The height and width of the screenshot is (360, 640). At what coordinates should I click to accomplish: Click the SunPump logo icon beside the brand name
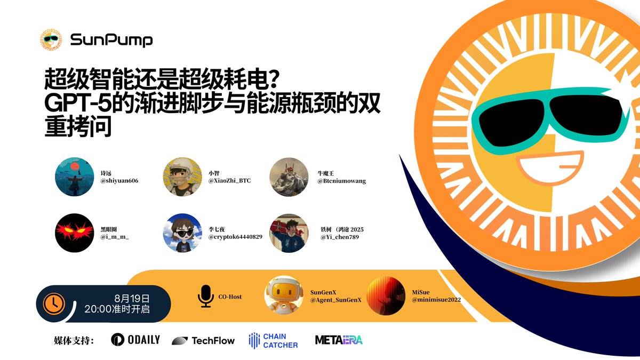(51, 40)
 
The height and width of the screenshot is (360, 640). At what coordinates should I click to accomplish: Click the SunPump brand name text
(111, 40)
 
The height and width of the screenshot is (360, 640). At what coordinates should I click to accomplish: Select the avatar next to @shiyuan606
(74, 177)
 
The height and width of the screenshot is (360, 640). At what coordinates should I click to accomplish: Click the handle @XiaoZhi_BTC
(229, 181)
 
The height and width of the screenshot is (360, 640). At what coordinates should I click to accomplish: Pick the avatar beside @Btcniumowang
(289, 177)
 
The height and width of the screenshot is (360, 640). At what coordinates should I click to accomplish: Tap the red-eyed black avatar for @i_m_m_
(74, 233)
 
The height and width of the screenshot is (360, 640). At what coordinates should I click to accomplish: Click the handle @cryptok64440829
(235, 236)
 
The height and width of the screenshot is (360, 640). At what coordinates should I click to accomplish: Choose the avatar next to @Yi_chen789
(289, 233)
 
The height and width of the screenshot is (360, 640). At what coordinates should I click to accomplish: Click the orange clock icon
(54, 303)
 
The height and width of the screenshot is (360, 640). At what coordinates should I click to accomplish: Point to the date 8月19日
(132, 298)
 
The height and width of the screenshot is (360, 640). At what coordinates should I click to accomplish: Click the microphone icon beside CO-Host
(205, 296)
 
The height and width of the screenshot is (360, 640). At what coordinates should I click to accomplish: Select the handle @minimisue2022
(436, 300)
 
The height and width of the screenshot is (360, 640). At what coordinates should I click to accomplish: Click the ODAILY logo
(135, 340)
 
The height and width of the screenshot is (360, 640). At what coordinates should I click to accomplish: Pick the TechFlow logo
(203, 340)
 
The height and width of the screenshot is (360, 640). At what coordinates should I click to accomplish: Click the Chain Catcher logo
(273, 340)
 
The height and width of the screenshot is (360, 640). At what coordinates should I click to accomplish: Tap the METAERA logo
(339, 340)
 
